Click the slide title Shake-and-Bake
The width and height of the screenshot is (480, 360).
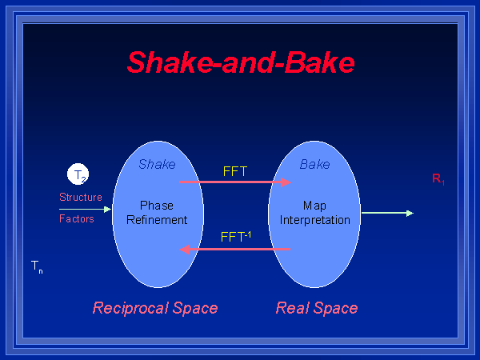pyautogui.click(x=240, y=62)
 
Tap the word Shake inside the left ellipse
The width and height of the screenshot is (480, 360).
pyautogui.click(x=157, y=164)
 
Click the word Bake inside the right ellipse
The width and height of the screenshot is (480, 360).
pyautogui.click(x=314, y=164)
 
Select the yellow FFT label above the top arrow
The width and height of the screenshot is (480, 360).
pyautogui.click(x=235, y=170)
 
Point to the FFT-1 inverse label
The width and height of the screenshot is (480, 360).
pyautogui.click(x=236, y=237)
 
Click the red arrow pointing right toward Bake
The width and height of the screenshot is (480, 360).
pyautogui.click(x=234, y=182)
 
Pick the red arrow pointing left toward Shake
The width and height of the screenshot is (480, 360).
pyautogui.click(x=234, y=250)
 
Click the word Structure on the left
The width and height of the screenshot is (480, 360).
pyautogui.click(x=80, y=197)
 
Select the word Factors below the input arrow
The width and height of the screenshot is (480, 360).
pyautogui.click(x=77, y=218)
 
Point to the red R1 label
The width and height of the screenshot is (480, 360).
pyautogui.click(x=438, y=179)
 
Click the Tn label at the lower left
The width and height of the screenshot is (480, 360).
pyautogui.click(x=37, y=266)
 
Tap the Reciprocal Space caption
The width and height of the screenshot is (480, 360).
pyautogui.click(x=155, y=308)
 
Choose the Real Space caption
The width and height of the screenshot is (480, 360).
pyautogui.click(x=317, y=308)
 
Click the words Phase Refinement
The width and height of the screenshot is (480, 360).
pyautogui.click(x=157, y=213)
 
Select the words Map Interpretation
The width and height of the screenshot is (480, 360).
pyautogui.click(x=314, y=213)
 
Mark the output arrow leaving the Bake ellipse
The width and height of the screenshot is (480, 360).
pyautogui.click(x=387, y=213)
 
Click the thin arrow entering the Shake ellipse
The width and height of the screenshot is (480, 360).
pyautogui.click(x=86, y=208)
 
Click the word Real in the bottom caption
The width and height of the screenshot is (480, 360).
pyautogui.click(x=294, y=308)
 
